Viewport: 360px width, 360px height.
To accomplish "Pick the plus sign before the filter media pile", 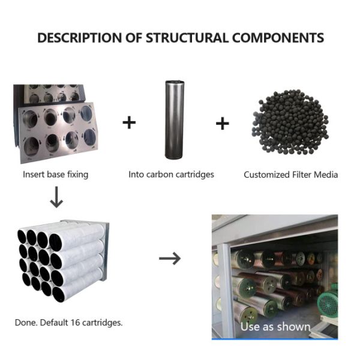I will coord(223,124).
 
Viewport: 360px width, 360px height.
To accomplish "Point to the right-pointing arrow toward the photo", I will coord(170,258).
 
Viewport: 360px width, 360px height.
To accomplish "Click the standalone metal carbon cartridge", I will coord(174,120).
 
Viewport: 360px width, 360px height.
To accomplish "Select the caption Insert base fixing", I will coord(56,175).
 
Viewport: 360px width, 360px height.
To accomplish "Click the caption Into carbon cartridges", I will coord(171,175).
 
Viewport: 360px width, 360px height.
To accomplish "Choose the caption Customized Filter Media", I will coord(291,175).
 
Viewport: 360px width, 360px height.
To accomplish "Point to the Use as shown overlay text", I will coord(275,327).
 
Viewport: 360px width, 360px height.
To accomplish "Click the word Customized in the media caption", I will coord(267,175).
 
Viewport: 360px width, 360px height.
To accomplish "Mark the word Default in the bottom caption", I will coord(54,322).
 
